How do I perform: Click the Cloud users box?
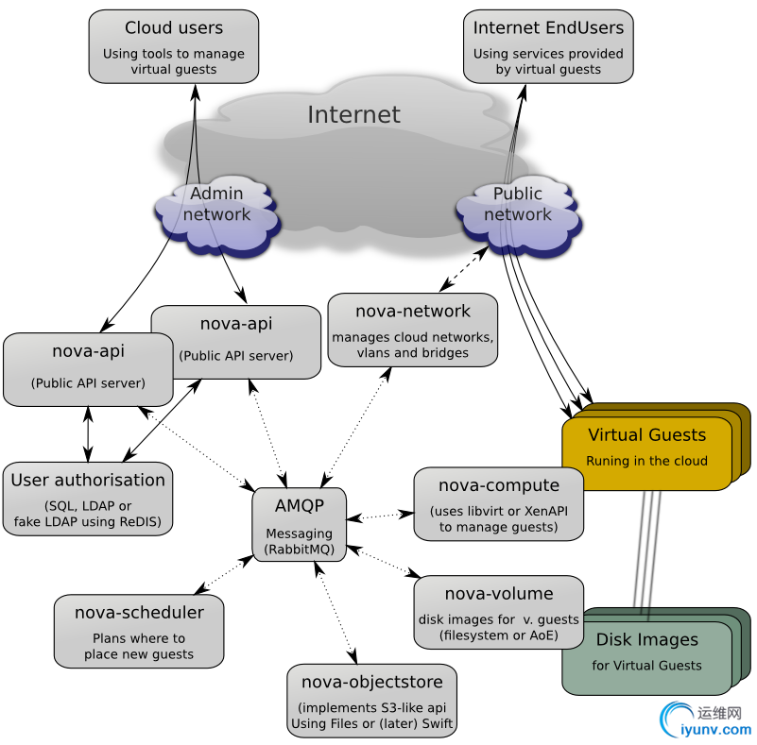tap(174, 46)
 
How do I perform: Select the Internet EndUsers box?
tap(548, 46)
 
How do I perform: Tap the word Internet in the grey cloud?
tap(353, 115)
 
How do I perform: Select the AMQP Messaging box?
tap(300, 525)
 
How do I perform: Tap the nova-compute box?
tap(498, 505)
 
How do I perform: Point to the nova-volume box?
tap(498, 612)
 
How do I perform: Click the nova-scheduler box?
tap(139, 631)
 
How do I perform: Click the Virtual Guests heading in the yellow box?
tap(646, 435)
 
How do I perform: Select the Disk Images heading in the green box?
tap(646, 640)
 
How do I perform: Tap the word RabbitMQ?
tap(300, 549)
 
